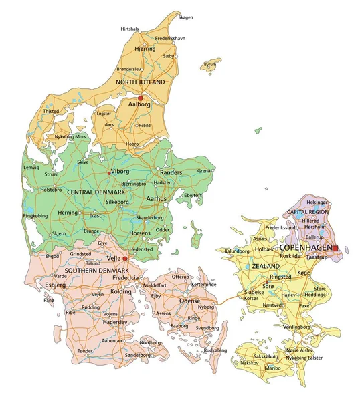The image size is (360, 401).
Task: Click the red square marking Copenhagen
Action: (335, 248)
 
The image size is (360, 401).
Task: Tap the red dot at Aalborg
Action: (140, 98)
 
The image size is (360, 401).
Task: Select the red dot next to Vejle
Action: (125, 259)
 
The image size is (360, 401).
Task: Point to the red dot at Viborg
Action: (109, 172)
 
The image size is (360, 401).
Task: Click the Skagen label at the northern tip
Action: (185, 17)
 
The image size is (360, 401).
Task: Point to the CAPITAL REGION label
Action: (307, 211)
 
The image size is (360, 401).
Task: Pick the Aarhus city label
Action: (156, 199)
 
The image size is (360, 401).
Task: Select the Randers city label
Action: (171, 172)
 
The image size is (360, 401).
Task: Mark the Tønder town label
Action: (85, 350)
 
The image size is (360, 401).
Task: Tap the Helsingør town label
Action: (317, 201)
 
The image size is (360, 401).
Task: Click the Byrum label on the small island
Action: (211, 65)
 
